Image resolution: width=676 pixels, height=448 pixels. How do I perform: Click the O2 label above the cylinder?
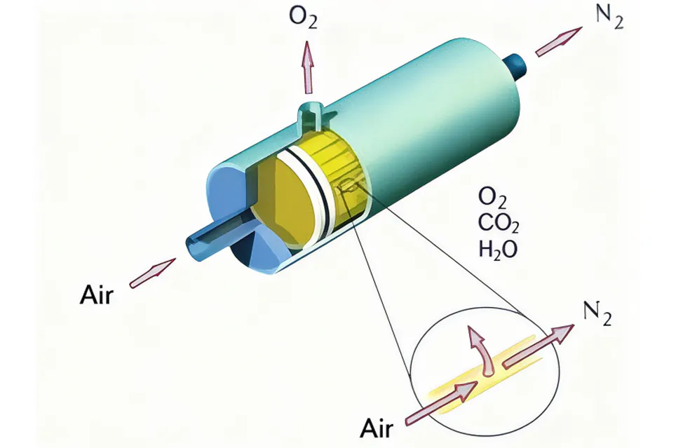[303, 18]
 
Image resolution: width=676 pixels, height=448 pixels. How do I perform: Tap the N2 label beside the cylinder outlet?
[609, 18]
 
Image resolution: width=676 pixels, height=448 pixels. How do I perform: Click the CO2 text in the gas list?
[499, 224]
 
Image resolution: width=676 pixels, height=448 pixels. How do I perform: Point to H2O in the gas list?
[498, 249]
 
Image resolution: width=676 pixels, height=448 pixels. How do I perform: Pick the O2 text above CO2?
[492, 198]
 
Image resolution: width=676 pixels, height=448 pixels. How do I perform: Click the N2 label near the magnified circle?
[597, 313]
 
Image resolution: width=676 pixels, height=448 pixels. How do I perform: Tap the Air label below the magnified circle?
[377, 428]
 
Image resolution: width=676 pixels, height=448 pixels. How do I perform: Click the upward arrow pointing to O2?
[307, 67]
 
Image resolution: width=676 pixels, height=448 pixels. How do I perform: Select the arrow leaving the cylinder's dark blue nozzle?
[559, 41]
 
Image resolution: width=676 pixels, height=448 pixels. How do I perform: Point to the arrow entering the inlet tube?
[153, 273]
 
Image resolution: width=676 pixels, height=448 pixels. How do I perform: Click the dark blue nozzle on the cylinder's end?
[517, 67]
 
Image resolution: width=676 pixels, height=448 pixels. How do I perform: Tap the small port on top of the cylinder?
[311, 115]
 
